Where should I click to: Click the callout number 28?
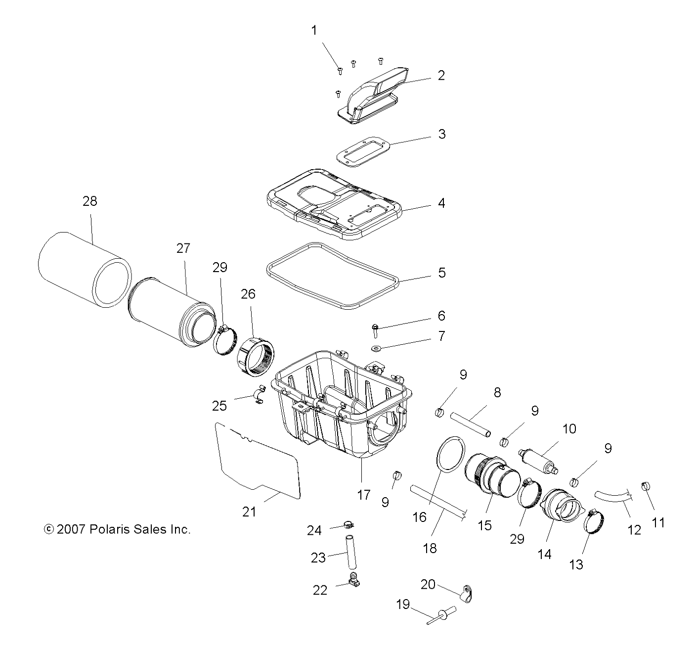coord(90,201)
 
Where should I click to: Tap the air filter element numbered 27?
coord(171,312)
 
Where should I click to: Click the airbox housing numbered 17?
coord(341,406)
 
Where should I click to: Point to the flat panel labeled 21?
coord(257,460)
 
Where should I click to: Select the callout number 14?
coord(544,555)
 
